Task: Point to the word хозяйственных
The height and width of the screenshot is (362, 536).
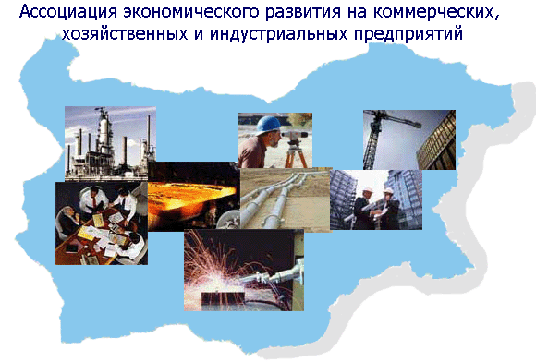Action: [x=125, y=34]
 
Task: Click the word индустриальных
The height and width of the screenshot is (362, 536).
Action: [x=279, y=34]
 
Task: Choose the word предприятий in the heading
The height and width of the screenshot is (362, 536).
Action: [x=408, y=34]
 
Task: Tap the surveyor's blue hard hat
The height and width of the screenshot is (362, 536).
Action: [x=268, y=125]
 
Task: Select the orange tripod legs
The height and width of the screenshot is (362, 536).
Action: [x=296, y=156]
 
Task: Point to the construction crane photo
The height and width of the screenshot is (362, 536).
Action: [x=409, y=139]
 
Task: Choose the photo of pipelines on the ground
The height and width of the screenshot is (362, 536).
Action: [x=286, y=199]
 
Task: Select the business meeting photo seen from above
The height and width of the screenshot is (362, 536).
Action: [x=102, y=223]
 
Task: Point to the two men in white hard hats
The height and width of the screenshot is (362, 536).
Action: [x=375, y=207]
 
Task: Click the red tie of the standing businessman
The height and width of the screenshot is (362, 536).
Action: [x=93, y=202]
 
